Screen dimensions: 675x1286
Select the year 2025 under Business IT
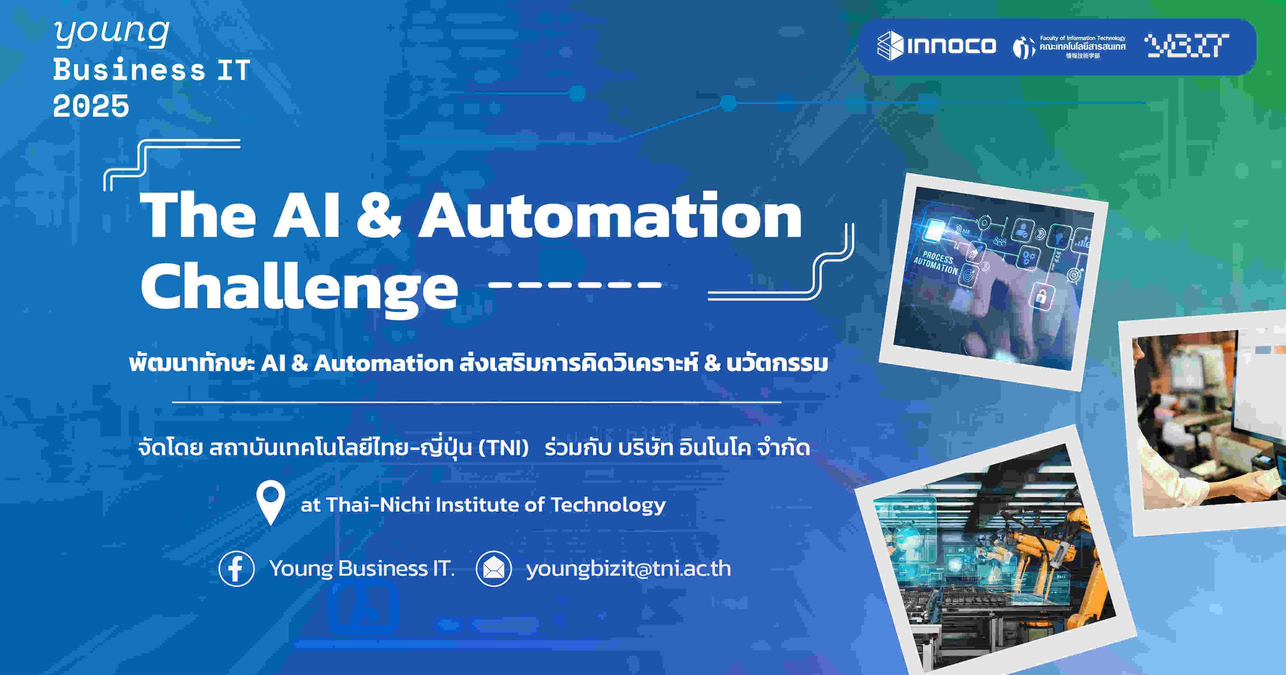click(91, 106)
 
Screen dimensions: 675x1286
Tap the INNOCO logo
click(936, 46)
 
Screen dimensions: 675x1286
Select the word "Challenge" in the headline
click(300, 287)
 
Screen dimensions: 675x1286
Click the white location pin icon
click(271, 501)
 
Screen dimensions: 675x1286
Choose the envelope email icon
click(494, 569)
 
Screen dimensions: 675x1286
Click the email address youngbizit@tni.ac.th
click(628, 569)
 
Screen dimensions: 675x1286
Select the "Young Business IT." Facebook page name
click(362, 569)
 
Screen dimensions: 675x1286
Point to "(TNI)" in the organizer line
click(503, 447)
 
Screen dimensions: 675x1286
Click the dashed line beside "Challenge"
click(575, 285)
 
